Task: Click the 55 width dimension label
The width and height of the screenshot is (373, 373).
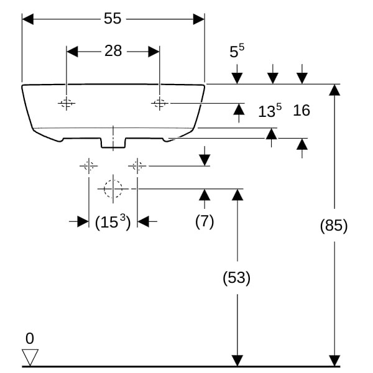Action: (113, 19)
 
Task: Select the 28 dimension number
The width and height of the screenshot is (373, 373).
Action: (113, 52)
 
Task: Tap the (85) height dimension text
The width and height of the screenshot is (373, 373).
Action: (334, 226)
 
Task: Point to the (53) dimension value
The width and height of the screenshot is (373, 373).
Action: (236, 278)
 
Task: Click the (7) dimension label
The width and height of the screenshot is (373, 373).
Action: (204, 221)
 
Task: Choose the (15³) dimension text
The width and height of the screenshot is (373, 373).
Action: (113, 221)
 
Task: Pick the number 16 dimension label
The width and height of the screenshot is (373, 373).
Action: (302, 111)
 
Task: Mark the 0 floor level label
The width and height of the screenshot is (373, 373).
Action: (30, 339)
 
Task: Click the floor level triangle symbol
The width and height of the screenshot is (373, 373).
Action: (30, 357)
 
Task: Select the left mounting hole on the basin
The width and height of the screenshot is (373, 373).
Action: (66, 103)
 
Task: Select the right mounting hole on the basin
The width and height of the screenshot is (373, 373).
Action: (159, 103)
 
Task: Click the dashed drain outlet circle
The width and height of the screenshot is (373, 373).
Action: (113, 188)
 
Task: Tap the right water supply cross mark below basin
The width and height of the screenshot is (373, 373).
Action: (137, 165)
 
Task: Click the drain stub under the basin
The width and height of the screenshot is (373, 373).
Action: (113, 142)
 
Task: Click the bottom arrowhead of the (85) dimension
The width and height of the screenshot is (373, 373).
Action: (334, 361)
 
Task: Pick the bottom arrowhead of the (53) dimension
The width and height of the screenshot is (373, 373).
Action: (237, 361)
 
